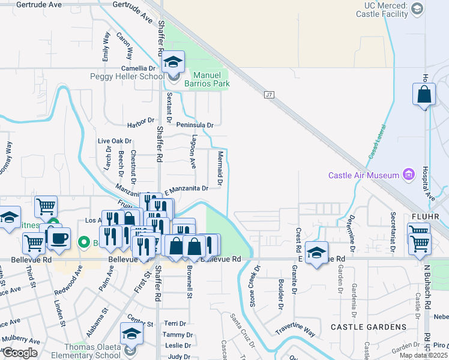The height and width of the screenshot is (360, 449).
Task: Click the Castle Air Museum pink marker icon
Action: [x=409, y=175]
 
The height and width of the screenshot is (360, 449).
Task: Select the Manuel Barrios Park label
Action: [x=211, y=80]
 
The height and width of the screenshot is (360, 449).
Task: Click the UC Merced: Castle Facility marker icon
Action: [x=418, y=8]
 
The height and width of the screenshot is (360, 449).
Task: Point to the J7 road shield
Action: [x=268, y=94]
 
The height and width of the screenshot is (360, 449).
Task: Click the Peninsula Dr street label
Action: [x=195, y=125]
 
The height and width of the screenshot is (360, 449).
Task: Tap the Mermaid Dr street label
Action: [x=220, y=167]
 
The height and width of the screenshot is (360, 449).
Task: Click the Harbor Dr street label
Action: [x=141, y=123]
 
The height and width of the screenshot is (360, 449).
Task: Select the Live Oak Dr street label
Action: [x=115, y=141]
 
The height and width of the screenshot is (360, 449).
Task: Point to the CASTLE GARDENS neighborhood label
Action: [x=368, y=327]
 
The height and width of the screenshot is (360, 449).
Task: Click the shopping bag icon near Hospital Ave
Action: [x=424, y=95]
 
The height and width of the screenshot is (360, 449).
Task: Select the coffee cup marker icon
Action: [x=58, y=238]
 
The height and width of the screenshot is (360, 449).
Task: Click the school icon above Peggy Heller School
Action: [x=173, y=61]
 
